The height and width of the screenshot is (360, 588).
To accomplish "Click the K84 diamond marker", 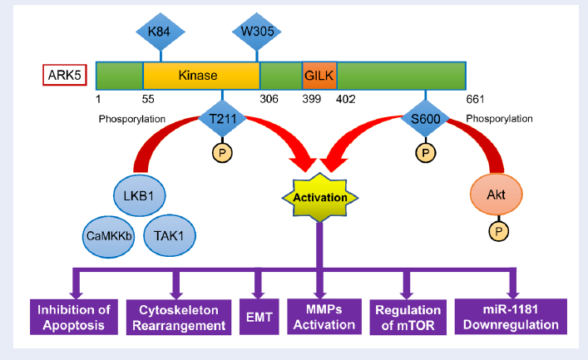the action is (x=161, y=32).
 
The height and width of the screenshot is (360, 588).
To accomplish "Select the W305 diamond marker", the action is (x=257, y=32).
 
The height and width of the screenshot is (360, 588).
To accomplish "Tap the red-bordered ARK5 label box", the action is (x=65, y=75).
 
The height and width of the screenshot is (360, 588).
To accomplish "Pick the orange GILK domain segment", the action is (x=319, y=76).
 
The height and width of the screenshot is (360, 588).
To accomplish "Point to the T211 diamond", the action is (x=222, y=119).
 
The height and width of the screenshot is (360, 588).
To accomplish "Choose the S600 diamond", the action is (x=425, y=119).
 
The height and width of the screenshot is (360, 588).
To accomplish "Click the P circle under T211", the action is (x=222, y=153).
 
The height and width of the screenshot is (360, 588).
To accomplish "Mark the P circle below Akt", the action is (x=498, y=231).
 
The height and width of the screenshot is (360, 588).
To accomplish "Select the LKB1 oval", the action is (x=139, y=195).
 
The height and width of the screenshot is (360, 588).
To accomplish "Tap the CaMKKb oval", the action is (x=108, y=236).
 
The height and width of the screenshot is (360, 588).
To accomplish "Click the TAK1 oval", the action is (x=170, y=235).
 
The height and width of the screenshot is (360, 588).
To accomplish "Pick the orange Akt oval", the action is (x=497, y=195).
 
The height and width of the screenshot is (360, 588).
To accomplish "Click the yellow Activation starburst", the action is (x=320, y=197).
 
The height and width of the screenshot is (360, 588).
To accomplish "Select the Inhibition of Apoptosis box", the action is (x=74, y=317).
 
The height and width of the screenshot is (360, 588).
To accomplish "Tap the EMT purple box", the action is (x=259, y=317).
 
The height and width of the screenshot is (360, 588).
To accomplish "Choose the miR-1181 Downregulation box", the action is (x=511, y=317).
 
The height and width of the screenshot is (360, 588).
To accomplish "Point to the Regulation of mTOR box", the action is (x=408, y=318).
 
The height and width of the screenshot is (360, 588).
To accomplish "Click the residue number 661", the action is (x=475, y=99).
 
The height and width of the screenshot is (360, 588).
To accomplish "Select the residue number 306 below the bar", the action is (x=269, y=99).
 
